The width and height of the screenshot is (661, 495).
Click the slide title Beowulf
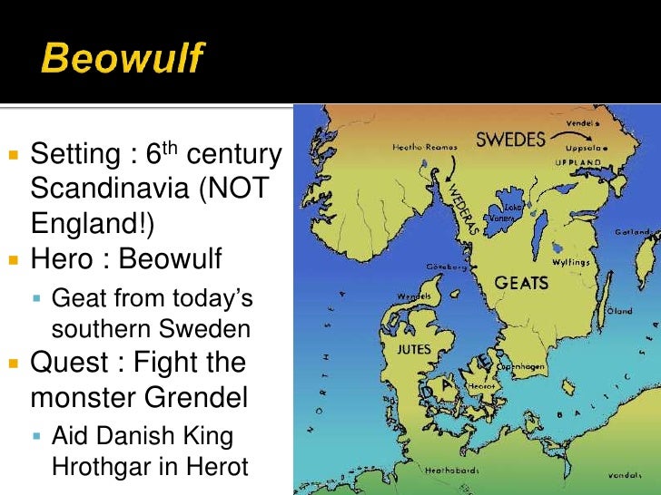122,60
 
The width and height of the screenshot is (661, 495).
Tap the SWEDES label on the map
510,140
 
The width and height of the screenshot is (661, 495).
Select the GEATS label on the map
521,283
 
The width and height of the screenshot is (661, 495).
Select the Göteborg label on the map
448,267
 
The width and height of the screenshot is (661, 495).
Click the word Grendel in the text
191,397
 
